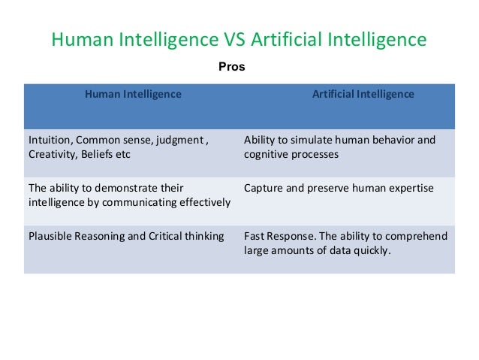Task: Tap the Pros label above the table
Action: [x=231, y=67]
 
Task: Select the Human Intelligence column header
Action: [x=132, y=95]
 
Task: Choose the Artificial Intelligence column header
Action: [x=363, y=95]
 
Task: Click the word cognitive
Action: [x=266, y=155]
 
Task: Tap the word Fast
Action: [x=255, y=236]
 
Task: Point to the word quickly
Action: [x=370, y=250]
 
